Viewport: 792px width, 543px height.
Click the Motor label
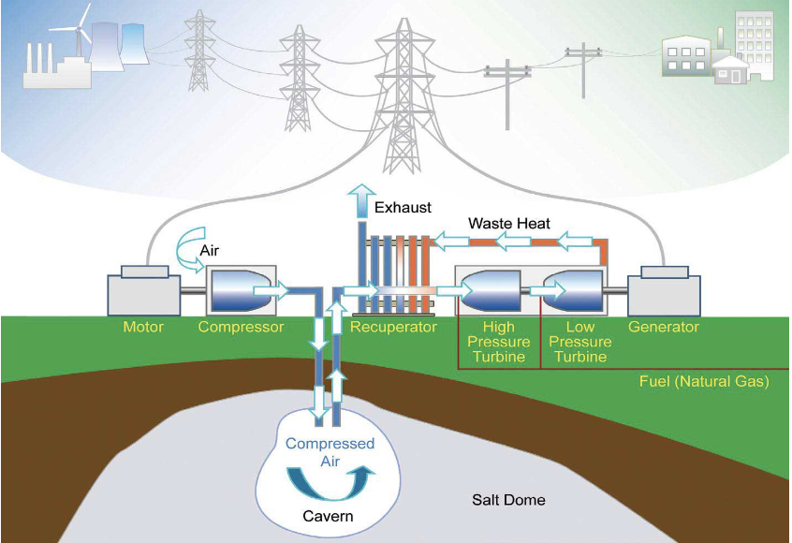pyautogui.click(x=143, y=328)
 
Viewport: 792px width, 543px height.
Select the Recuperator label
pyautogui.click(x=393, y=328)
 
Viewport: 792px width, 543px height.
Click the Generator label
pyautogui.click(x=664, y=328)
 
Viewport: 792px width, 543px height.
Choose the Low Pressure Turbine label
pyautogui.click(x=580, y=342)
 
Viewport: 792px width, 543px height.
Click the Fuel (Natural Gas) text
pyautogui.click(x=703, y=381)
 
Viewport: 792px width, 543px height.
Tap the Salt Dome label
pyautogui.click(x=508, y=500)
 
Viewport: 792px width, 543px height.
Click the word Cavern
pyautogui.click(x=329, y=516)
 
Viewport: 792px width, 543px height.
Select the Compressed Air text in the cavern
pyautogui.click(x=330, y=452)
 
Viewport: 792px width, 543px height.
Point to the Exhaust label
pyautogui.click(x=403, y=207)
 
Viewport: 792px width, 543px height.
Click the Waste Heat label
pyautogui.click(x=509, y=224)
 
